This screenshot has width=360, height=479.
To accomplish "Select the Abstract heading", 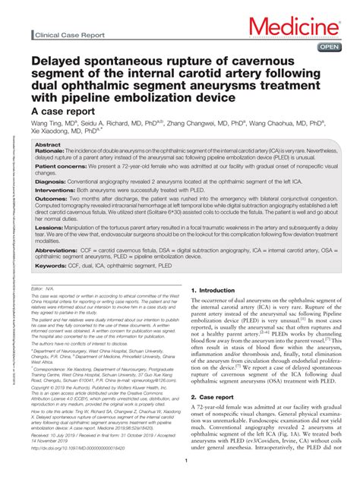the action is tap(48, 144).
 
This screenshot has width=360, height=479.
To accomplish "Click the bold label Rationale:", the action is tap(50, 151).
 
